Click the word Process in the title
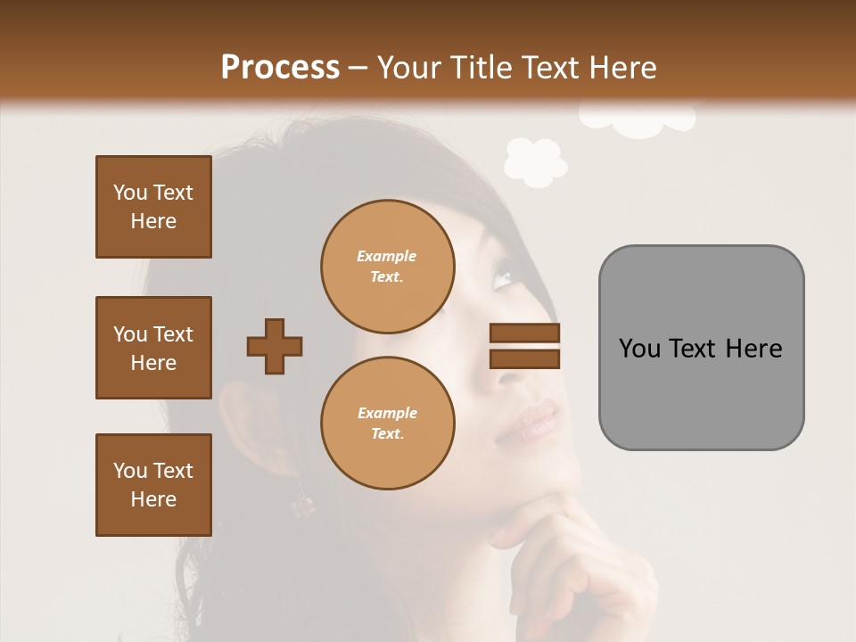pos(280,67)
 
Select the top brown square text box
pos(153,207)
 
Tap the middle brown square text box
pos(153,348)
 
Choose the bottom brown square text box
pos(153,485)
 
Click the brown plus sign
pos(275,346)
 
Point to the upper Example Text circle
pos(387,266)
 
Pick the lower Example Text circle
pos(387,423)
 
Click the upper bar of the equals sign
pos(524,333)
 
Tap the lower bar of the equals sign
pos(524,358)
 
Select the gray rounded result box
pos(701,348)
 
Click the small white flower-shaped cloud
pos(535,161)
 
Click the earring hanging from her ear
pos(303,505)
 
